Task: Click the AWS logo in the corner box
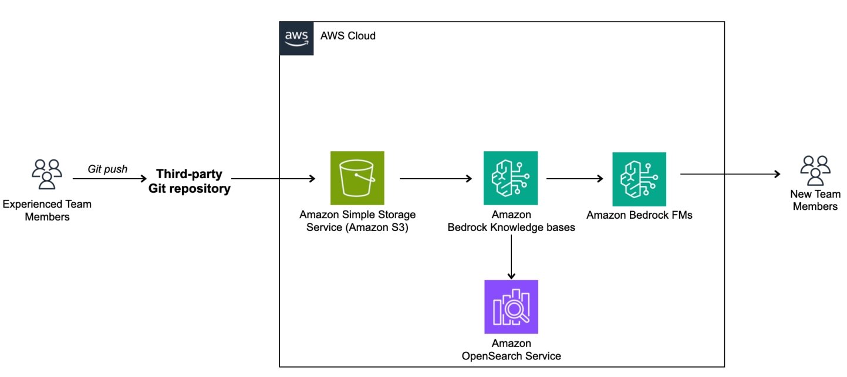296,38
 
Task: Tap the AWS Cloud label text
348,36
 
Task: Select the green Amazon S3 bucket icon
357,178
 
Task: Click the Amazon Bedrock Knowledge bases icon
511,178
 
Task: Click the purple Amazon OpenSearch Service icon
511,307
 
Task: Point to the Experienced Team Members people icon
46,174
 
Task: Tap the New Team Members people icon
815,171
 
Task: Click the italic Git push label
108,169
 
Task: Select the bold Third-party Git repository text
193,182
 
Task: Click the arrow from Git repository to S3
274,178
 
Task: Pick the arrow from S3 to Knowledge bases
436,178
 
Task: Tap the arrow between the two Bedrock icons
574,178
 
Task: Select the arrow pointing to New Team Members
730,174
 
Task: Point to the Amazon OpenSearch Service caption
511,349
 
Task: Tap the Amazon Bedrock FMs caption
639,215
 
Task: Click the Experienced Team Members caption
47,210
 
